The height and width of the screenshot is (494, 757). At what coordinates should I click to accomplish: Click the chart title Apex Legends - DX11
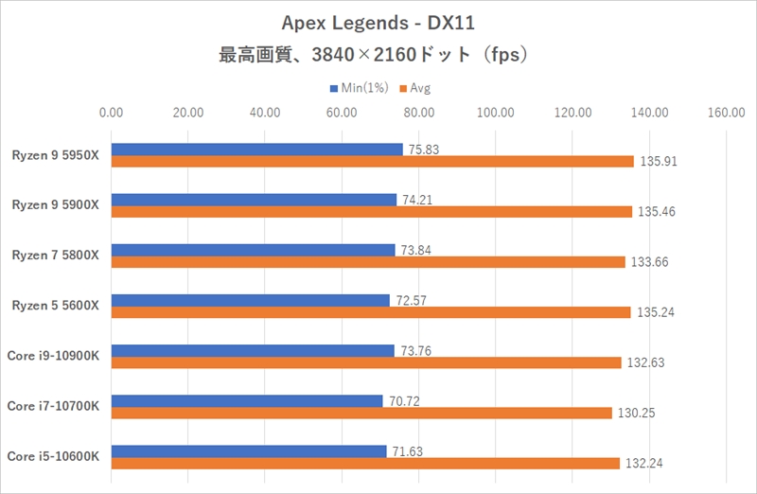click(x=378, y=22)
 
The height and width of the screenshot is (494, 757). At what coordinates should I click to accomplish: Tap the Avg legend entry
click(x=414, y=88)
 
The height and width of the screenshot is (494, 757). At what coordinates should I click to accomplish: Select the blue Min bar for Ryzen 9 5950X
click(x=256, y=150)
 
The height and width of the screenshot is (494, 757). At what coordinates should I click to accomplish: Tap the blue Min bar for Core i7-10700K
click(x=247, y=400)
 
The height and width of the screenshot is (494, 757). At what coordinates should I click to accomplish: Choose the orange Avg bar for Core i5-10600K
click(x=365, y=464)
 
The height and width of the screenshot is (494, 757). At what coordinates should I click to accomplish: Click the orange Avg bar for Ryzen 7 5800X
click(x=368, y=262)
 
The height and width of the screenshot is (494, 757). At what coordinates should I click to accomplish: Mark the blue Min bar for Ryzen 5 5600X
click(x=251, y=300)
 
